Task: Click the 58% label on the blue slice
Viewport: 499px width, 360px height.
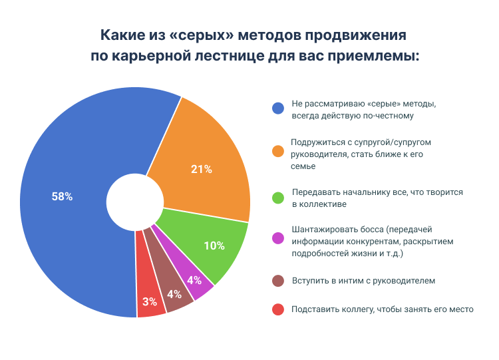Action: [62, 196]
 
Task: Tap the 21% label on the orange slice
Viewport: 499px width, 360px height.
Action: [201, 169]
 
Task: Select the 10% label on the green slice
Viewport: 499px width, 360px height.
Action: [214, 246]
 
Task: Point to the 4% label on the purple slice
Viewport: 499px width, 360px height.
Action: [194, 279]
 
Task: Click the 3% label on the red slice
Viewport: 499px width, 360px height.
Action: [150, 301]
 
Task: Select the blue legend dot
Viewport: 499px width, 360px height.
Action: [278, 109]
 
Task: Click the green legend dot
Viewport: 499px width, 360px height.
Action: [278, 197]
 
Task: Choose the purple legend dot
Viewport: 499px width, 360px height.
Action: [278, 238]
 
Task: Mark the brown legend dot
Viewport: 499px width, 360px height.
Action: [278, 281]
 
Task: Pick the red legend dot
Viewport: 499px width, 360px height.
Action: [278, 309]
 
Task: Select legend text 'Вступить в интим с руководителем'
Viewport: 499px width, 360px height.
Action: [363, 281]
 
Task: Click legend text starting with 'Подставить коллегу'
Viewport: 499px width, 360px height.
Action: [382, 309]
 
